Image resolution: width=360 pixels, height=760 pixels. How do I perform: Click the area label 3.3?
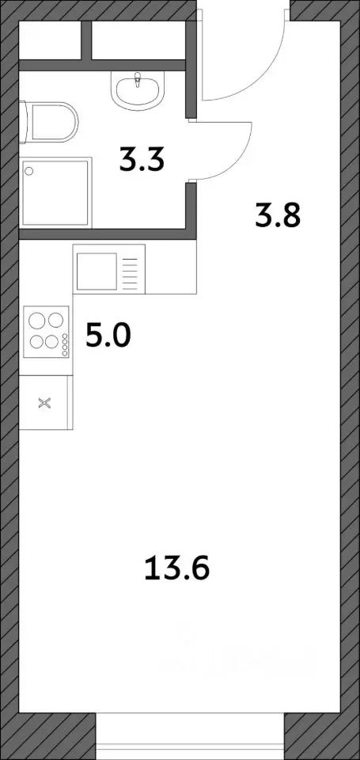[x=142, y=161]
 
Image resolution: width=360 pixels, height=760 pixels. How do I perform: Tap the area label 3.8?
[x=277, y=215]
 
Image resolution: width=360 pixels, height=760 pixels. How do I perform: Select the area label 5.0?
[x=107, y=338]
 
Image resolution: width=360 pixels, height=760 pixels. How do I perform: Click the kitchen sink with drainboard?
[x=110, y=269]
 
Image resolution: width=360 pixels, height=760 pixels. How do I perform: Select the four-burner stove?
[x=46, y=332]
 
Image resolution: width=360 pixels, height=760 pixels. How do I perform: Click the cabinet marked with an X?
[x=45, y=403]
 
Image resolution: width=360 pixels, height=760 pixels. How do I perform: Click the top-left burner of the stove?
[x=37, y=321]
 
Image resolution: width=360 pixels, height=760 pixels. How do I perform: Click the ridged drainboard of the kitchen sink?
[x=132, y=270]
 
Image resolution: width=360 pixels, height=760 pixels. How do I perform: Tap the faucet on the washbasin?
[x=138, y=79]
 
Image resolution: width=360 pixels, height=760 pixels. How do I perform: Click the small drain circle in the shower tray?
[x=30, y=169]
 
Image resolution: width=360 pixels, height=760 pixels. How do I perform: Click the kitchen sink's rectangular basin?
[x=96, y=270]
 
